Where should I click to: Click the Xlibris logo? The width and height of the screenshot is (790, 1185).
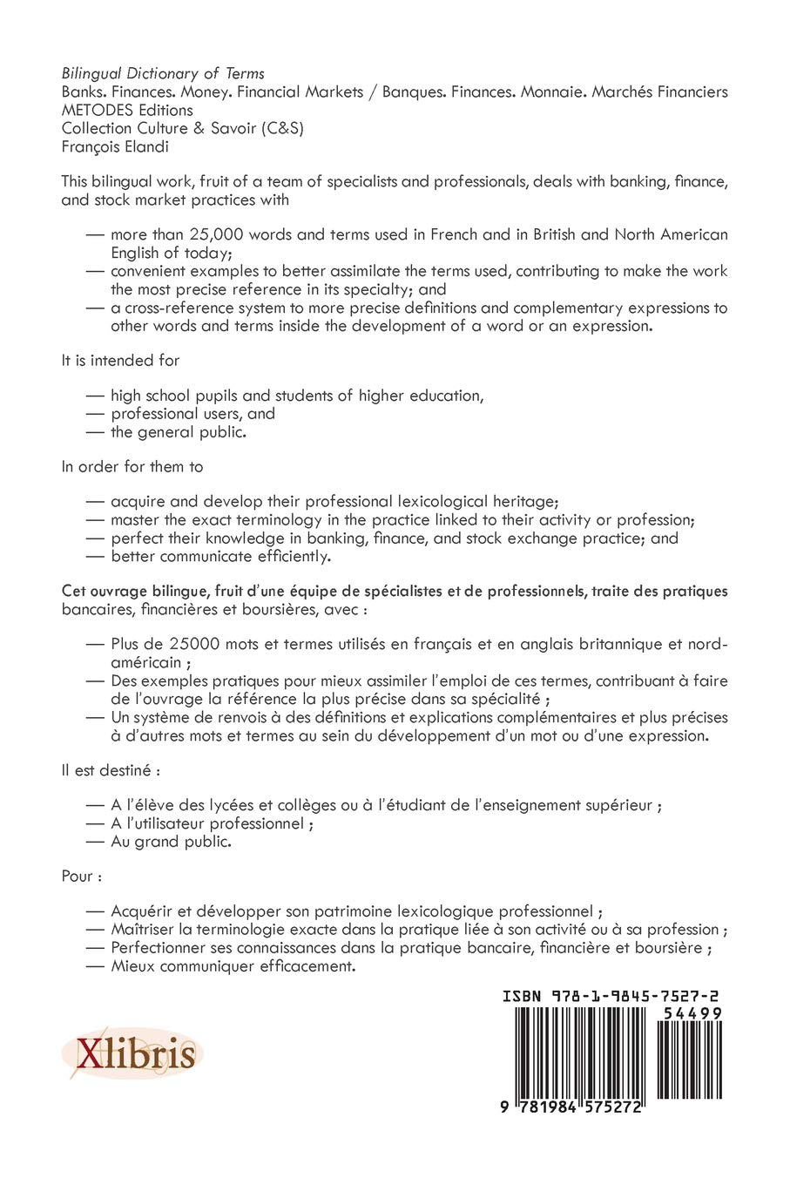coord(132,1056)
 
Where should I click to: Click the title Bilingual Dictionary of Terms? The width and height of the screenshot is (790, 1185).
coord(163,73)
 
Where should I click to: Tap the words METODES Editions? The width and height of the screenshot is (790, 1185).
coord(127,110)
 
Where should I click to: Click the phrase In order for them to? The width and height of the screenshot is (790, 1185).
coord(132,466)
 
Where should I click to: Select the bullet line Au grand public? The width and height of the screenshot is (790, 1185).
coord(171,842)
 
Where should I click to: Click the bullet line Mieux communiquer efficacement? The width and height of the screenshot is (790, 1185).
coord(233,966)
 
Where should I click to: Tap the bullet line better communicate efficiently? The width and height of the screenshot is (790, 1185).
coord(220,555)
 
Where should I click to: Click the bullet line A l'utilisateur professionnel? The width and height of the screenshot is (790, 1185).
coord(212,823)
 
